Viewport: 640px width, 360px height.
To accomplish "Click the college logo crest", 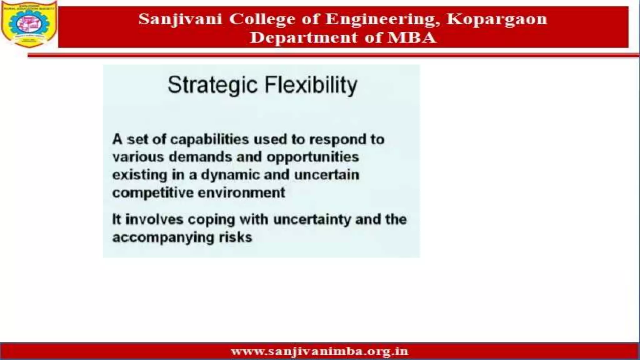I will (x=29, y=24).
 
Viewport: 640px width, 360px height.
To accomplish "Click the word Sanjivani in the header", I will (x=180, y=19).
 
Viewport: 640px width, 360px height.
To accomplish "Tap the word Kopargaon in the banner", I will (x=497, y=19).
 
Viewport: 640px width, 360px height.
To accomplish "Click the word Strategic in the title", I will (x=212, y=85).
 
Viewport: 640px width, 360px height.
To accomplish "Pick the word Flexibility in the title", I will (x=311, y=85).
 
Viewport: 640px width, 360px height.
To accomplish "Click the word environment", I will (x=242, y=192).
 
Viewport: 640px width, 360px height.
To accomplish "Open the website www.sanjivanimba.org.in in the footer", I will (x=319, y=352).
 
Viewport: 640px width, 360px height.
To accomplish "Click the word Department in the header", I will (x=304, y=38).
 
